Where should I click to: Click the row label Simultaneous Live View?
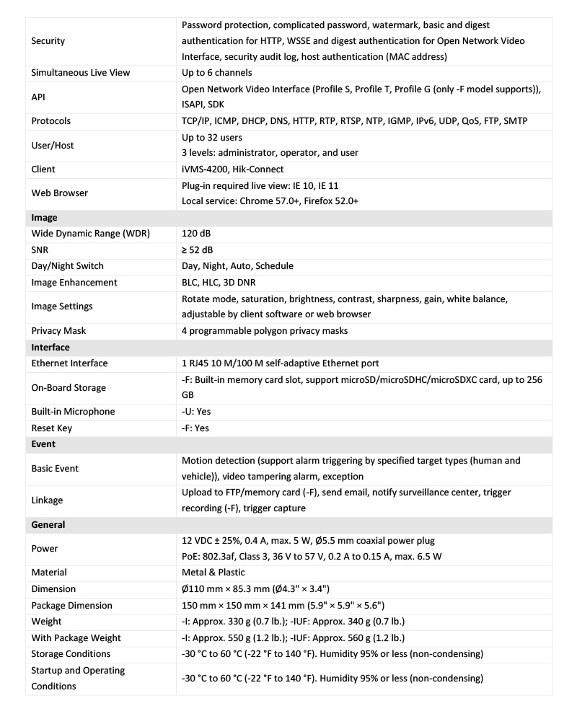80,73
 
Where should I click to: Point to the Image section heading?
45,217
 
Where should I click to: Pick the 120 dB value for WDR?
196,234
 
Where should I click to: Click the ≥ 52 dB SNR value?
197,250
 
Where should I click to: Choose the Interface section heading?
50,347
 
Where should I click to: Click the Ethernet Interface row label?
70,363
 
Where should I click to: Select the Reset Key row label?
52,428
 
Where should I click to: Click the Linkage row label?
48,500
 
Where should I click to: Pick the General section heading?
48,525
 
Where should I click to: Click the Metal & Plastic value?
213,573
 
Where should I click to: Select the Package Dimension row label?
72,605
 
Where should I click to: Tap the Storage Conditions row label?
71,653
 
